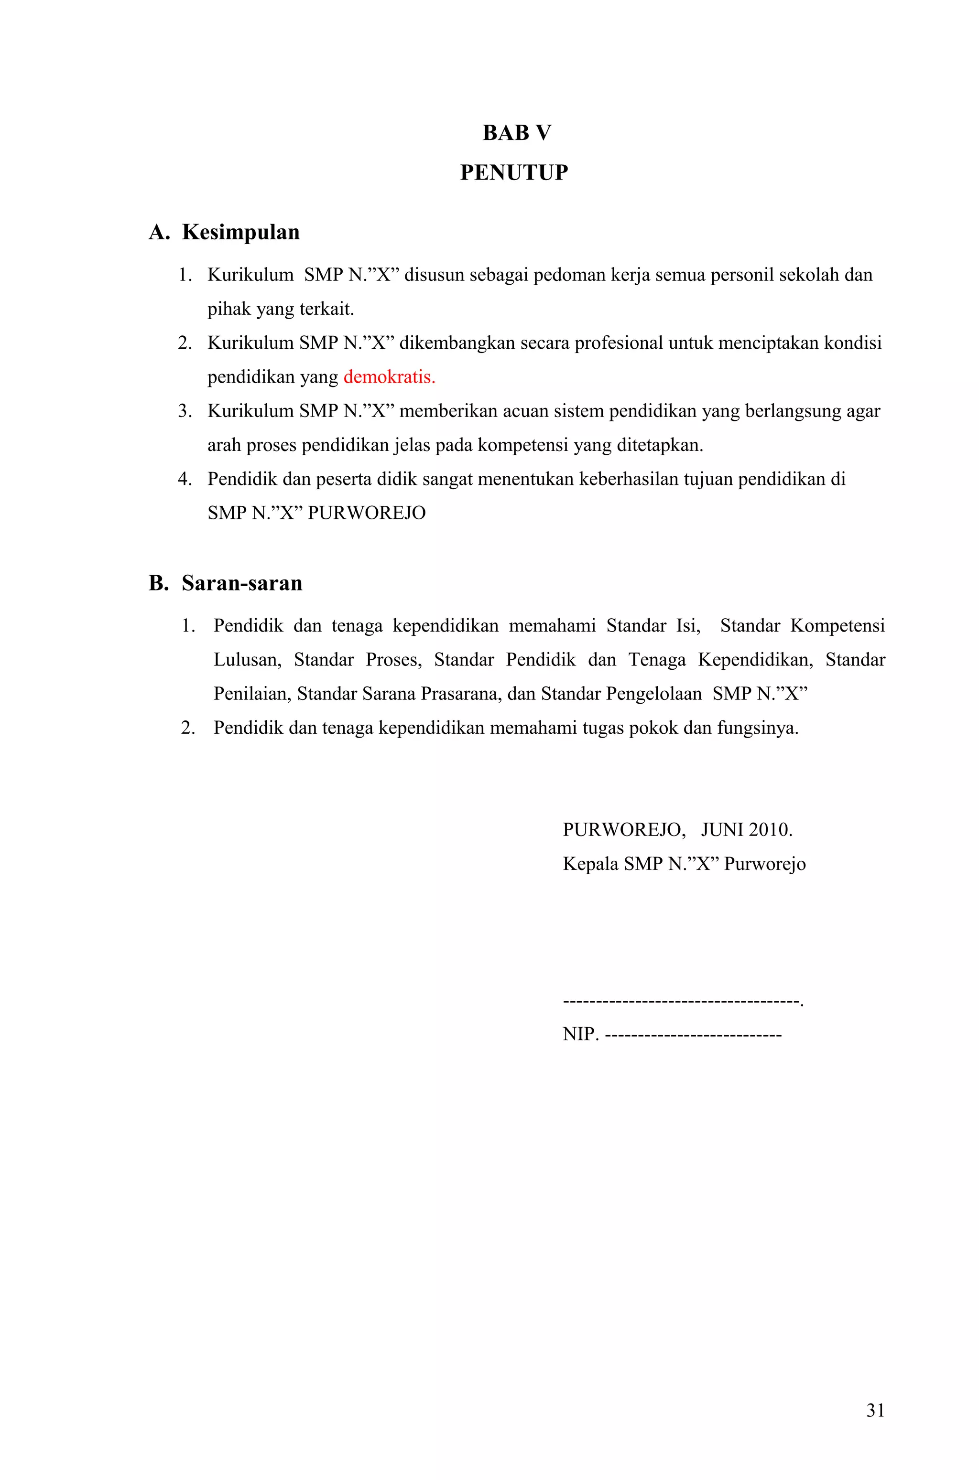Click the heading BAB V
tap(516, 133)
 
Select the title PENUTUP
tap(514, 173)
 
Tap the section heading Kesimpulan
tap(240, 232)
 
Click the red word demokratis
tap(388, 377)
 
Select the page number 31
tap(875, 1411)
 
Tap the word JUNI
tap(722, 830)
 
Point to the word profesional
tap(618, 343)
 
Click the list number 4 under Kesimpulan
tap(184, 479)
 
